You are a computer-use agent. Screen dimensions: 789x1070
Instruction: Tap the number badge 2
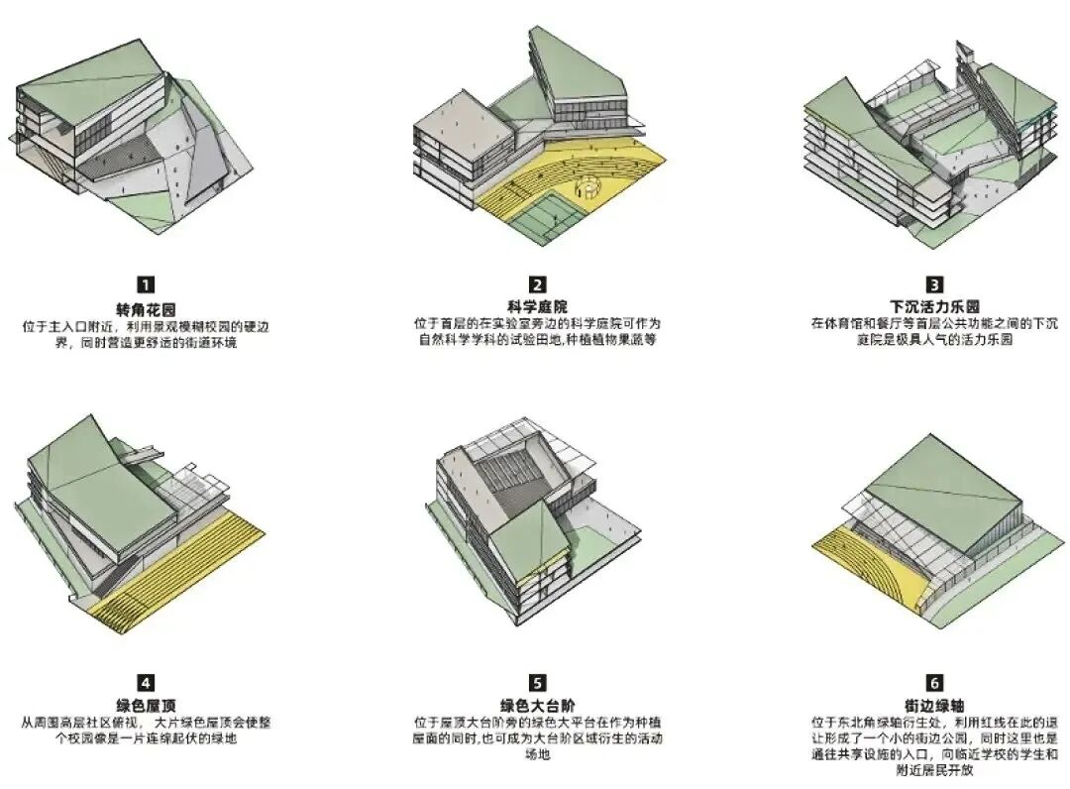pos(537,284)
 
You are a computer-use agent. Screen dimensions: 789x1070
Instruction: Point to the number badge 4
pos(146,682)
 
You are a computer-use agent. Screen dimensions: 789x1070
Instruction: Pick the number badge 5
pos(537,682)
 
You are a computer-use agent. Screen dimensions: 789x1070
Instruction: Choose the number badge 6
pos(935,682)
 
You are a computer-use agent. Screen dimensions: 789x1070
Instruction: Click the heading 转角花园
pos(146,308)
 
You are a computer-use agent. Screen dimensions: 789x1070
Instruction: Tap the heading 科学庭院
pos(537,305)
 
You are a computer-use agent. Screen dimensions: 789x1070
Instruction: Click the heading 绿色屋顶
pos(146,706)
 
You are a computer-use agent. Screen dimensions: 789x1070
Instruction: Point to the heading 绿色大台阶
pos(537,706)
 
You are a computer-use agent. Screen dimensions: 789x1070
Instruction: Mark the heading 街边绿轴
pos(935,706)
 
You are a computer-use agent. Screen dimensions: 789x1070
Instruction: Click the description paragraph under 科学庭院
pos(537,332)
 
